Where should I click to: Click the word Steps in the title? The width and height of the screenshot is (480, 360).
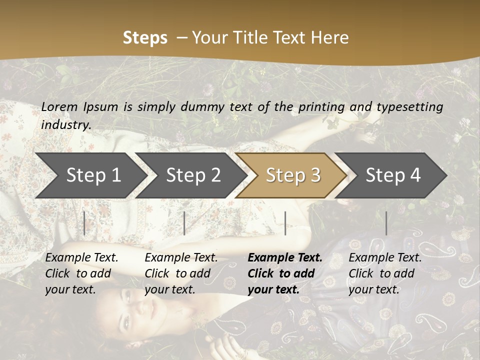(x=145, y=38)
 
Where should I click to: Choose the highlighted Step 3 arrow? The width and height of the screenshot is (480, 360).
(x=292, y=175)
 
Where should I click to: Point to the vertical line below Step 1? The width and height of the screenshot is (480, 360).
(x=84, y=223)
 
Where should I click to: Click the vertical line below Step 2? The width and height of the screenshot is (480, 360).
(x=184, y=223)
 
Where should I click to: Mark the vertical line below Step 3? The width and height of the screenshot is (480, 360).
(x=285, y=223)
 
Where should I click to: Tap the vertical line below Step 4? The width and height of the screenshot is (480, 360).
(x=386, y=223)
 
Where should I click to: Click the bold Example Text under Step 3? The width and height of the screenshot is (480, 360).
(x=285, y=258)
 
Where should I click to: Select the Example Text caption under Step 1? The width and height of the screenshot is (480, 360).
(x=81, y=258)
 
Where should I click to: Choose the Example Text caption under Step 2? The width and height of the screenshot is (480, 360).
(x=181, y=258)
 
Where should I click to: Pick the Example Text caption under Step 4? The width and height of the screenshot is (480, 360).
(x=385, y=258)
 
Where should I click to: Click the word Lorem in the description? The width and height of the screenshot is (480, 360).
(x=59, y=107)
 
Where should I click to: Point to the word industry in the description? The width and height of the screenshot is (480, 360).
(x=65, y=125)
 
